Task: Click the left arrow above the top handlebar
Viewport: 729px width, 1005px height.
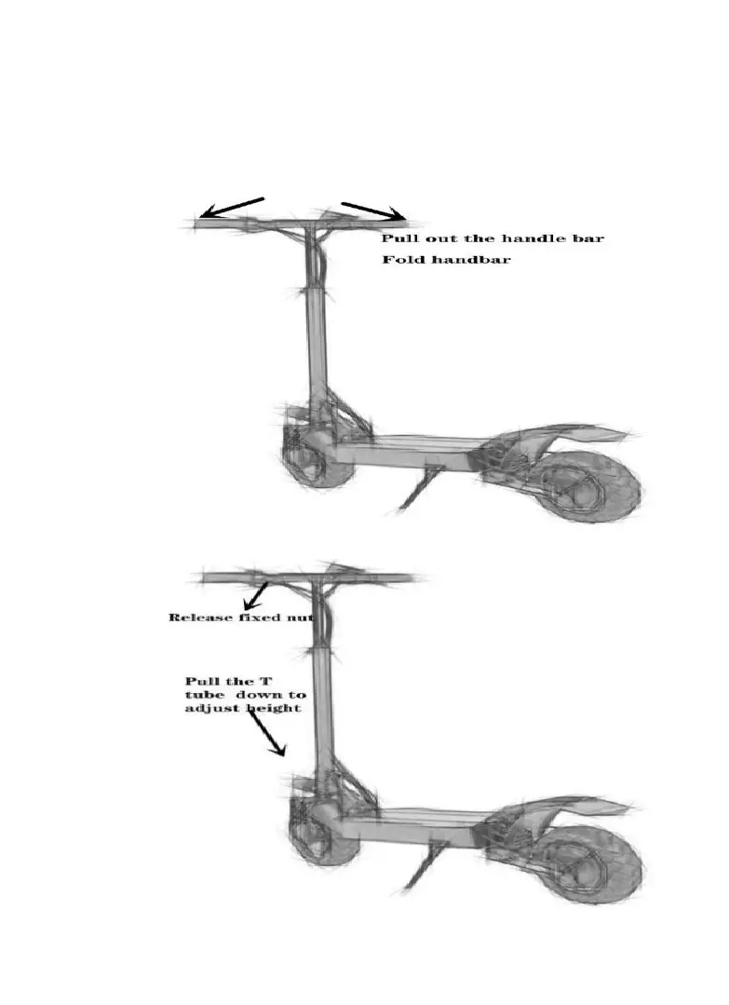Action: tap(234, 207)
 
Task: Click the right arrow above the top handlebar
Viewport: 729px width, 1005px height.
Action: tap(373, 211)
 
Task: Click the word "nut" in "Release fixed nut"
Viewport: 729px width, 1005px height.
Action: tap(302, 618)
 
